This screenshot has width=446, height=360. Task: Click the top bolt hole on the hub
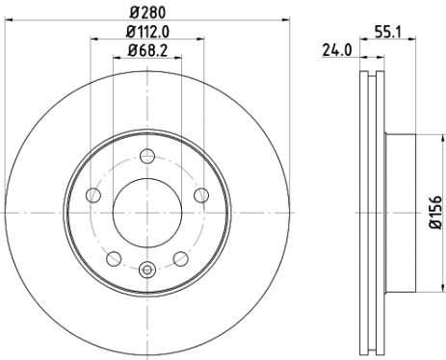[x=146, y=158]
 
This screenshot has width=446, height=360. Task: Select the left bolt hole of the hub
[x=93, y=196]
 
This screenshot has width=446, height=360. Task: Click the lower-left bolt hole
[x=114, y=258]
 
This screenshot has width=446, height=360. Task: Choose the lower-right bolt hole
[x=180, y=258]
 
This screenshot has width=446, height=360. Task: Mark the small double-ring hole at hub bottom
[x=146, y=270]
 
